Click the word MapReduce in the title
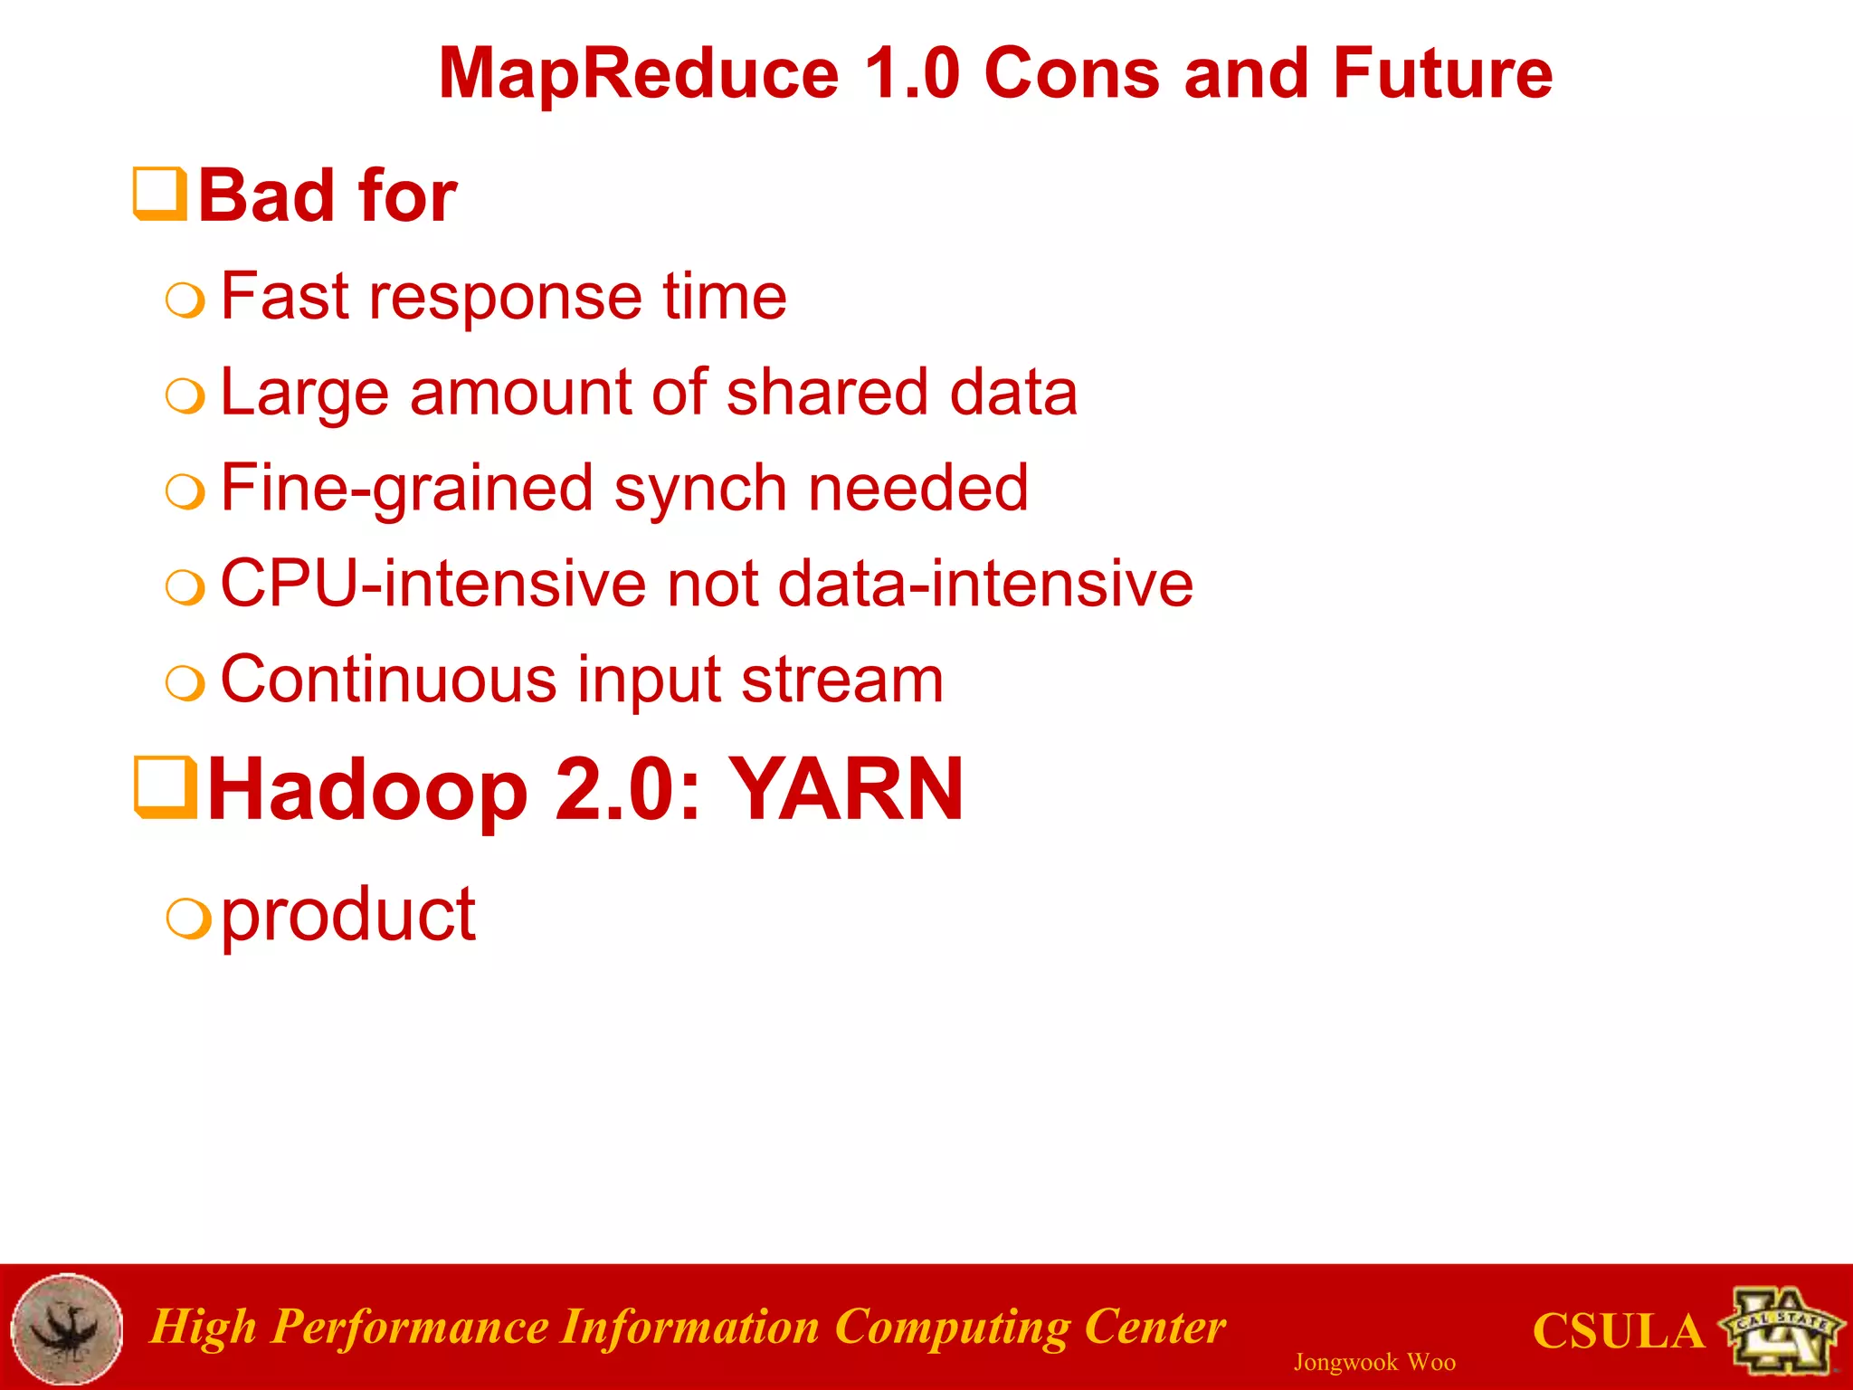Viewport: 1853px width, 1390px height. click(x=639, y=74)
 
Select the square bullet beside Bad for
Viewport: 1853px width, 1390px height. click(x=160, y=194)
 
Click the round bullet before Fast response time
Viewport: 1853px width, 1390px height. click(x=185, y=300)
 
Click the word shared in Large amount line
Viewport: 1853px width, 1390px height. click(x=826, y=393)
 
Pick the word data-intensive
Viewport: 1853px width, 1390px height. click(x=984, y=585)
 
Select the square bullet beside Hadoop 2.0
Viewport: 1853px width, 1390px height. click(x=166, y=787)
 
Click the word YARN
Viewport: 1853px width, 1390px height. click(x=845, y=789)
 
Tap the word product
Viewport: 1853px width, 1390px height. click(x=347, y=916)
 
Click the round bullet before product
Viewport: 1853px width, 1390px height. click(x=188, y=919)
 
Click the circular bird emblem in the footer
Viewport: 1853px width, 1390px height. click(x=67, y=1328)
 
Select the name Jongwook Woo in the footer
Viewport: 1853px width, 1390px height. click(x=1373, y=1362)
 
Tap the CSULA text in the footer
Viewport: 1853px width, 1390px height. click(x=1618, y=1331)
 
